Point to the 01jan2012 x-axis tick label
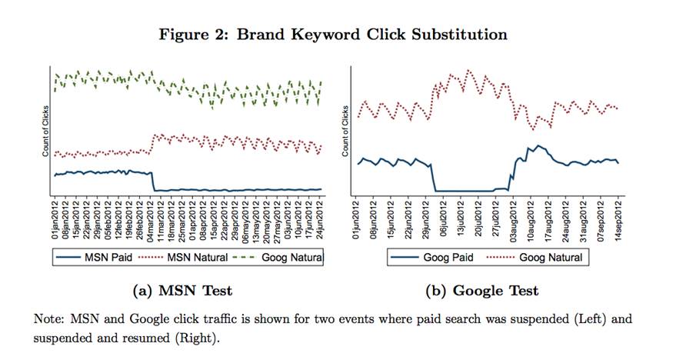coord(55,221)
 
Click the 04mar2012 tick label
coord(149,221)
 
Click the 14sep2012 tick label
coord(618,221)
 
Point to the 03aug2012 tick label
coord(514,221)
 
